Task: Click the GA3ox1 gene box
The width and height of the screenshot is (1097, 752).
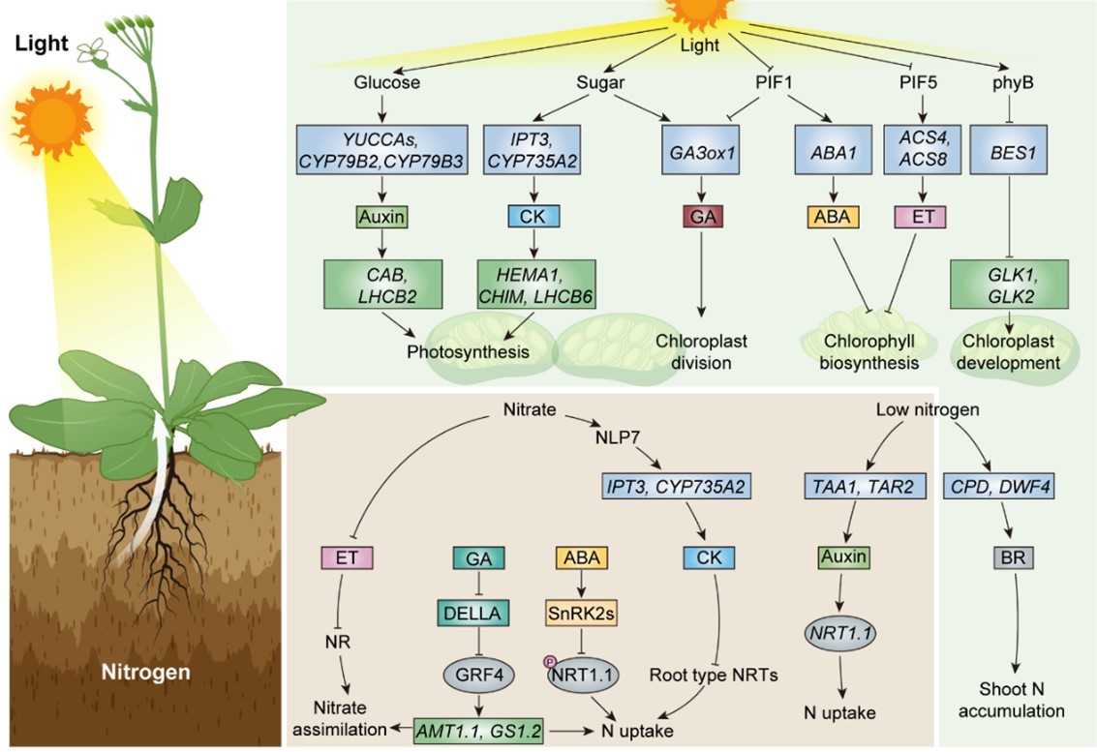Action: pos(701,150)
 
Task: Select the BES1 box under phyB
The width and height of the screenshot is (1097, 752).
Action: pos(1008,150)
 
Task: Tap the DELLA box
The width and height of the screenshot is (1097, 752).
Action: pos(472,613)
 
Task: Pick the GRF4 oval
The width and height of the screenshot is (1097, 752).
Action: pos(479,675)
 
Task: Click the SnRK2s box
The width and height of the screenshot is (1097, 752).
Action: pos(581,613)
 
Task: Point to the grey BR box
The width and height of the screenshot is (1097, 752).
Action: pos(1013,557)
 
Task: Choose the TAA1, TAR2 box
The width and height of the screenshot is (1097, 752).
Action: pos(863,486)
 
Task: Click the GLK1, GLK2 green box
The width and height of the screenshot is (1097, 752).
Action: pos(1009,284)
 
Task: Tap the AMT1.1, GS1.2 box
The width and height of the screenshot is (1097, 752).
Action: pos(478,731)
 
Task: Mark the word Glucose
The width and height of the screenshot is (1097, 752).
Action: pos(387,82)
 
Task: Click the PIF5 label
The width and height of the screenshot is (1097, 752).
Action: pos(918,82)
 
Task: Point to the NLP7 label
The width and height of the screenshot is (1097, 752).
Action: pos(618,437)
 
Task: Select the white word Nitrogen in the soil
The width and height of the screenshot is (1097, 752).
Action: pos(145,673)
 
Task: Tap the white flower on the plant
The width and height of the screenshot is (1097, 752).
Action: pos(92,51)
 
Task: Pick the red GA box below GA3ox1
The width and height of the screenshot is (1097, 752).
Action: pos(702,217)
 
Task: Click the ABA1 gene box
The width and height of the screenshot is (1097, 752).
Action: pos(834,150)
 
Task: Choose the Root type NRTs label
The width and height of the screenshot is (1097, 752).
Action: pos(714,675)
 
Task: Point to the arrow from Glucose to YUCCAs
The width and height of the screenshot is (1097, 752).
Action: pos(382,107)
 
